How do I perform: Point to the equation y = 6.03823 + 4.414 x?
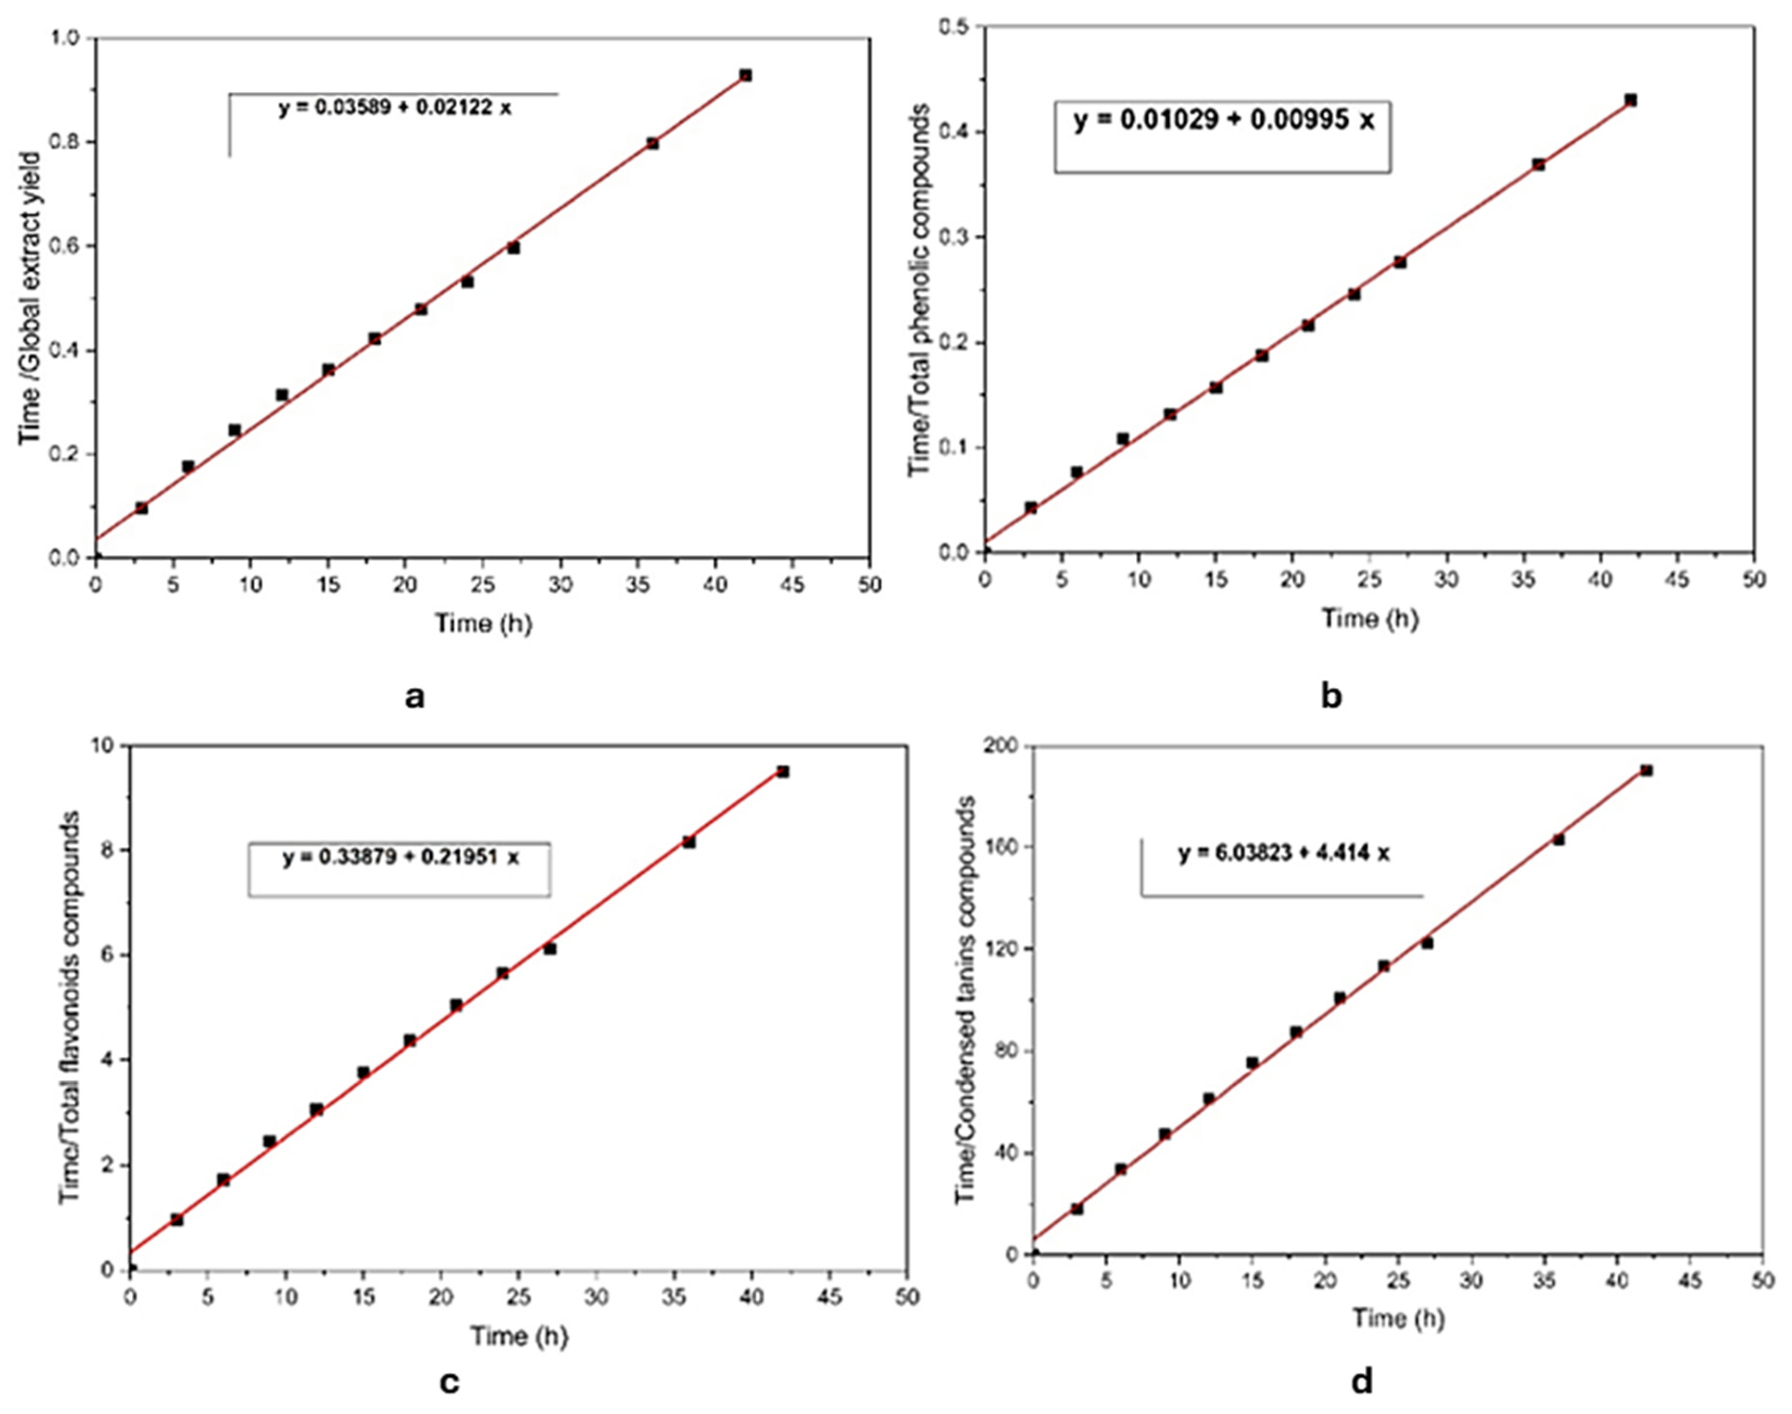[1284, 853]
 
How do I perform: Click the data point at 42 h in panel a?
[745, 75]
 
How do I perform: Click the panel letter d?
[1361, 1381]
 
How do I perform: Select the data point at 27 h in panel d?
[1427, 943]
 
